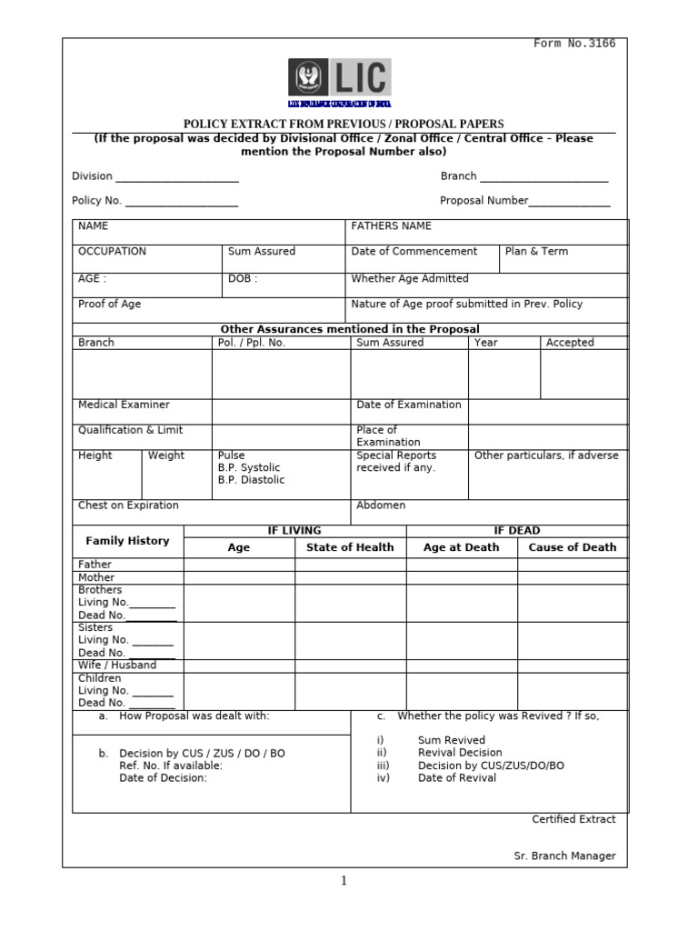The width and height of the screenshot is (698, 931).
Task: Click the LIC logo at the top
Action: pyautogui.click(x=339, y=79)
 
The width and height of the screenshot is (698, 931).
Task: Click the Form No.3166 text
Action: pyautogui.click(x=574, y=44)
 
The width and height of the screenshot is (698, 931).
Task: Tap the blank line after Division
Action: pyautogui.click(x=177, y=178)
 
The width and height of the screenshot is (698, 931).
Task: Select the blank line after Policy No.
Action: pyautogui.click(x=181, y=203)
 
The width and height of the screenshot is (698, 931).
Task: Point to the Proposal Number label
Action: pyautogui.click(x=484, y=201)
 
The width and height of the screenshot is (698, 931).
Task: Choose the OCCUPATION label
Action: pyautogui.click(x=112, y=252)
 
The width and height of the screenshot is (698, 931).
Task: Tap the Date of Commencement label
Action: pyautogui.click(x=414, y=252)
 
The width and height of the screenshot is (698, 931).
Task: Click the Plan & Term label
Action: pyautogui.click(x=536, y=252)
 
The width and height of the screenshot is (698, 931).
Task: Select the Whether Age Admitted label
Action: pyautogui.click(x=410, y=279)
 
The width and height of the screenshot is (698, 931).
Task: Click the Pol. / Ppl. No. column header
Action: pyautogui.click(x=252, y=343)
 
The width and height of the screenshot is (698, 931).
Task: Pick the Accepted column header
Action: pyautogui.click(x=570, y=343)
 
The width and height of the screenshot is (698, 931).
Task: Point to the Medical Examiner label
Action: pyautogui.click(x=124, y=405)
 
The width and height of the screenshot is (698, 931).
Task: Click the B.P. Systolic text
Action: pyautogui.click(x=249, y=467)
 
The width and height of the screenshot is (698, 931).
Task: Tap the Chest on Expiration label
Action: pyautogui.click(x=128, y=506)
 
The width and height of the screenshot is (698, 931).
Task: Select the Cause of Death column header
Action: pyautogui.click(x=572, y=547)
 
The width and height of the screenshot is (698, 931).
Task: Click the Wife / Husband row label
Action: pyautogui.click(x=117, y=665)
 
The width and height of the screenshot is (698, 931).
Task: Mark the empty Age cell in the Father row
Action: pyautogui.click(x=239, y=565)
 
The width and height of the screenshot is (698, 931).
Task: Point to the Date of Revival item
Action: pyautogui.click(x=456, y=778)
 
